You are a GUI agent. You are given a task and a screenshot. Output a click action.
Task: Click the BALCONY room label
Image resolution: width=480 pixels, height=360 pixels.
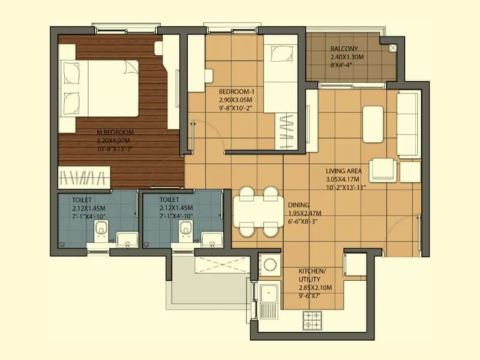343,49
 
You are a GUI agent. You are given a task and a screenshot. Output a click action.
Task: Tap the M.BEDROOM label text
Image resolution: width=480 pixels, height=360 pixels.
115,132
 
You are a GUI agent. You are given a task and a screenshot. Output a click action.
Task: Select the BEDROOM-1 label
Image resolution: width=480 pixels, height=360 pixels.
236,91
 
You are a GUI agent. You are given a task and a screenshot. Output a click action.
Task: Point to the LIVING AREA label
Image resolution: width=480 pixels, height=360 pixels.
344,171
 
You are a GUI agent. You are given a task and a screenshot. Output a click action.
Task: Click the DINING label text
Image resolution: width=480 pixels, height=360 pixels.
298,204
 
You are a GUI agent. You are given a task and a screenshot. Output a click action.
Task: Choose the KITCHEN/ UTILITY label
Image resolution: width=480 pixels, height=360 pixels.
313,275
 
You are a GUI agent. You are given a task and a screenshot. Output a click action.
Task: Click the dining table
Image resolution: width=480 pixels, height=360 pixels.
256,211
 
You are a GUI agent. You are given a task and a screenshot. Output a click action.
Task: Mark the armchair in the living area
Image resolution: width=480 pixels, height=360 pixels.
383,169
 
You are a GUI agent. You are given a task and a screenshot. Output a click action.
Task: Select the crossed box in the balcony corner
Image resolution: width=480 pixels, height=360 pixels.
393,47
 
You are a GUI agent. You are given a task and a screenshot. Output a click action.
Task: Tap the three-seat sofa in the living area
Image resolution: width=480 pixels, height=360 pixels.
409,124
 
